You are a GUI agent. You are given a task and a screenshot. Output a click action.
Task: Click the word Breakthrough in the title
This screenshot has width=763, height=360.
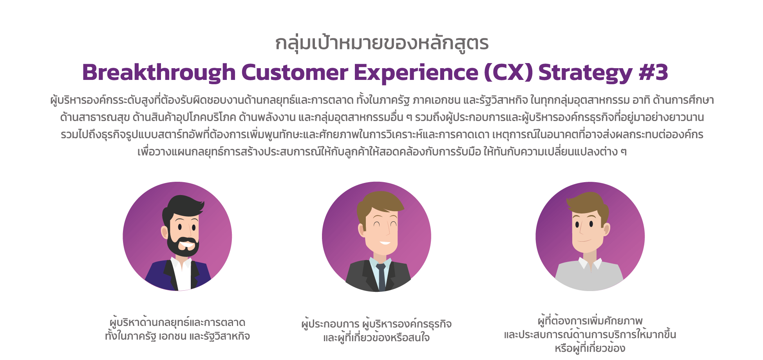pyautogui.click(x=159, y=72)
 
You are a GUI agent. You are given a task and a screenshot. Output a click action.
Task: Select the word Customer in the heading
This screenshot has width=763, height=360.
pyautogui.click(x=295, y=72)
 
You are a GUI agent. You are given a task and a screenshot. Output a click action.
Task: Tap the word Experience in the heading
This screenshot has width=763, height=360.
pyautogui.click(x=416, y=73)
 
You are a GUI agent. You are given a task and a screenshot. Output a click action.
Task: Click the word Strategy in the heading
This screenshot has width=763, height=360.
pyautogui.click(x=585, y=73)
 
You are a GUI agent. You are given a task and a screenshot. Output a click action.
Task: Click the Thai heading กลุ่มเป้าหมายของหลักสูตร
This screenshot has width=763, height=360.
pyautogui.click(x=382, y=43)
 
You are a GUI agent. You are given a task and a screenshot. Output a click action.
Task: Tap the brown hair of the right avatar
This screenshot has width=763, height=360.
pyautogui.click(x=588, y=204)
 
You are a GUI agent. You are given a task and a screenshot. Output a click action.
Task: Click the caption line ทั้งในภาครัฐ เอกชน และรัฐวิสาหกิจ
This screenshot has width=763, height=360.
pyautogui.click(x=177, y=336)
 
